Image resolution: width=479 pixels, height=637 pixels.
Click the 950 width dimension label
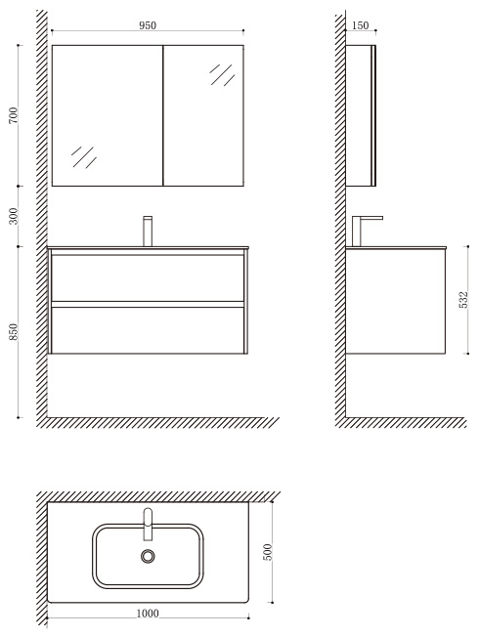coord(148,25)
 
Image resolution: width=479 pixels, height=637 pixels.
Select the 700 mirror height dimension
coord(14,115)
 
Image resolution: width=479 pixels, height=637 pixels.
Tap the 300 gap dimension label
coord(14,216)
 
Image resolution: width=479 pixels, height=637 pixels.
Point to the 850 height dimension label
coord(14,331)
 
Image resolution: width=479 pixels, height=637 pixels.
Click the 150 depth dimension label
coord(360,25)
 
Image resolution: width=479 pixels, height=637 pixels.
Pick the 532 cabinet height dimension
coord(463,299)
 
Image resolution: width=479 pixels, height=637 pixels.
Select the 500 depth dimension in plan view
coord(267,552)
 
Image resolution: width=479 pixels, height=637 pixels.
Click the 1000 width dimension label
coord(148,613)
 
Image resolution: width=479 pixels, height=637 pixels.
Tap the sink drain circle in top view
coord(148,556)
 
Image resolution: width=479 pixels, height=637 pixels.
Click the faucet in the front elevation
coord(148,231)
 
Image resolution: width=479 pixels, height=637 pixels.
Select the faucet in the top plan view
coord(148,524)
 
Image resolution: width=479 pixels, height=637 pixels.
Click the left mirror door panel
coord(108,115)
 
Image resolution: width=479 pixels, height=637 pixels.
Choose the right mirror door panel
coord(203,115)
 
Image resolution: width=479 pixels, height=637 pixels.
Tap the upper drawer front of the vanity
coord(148,277)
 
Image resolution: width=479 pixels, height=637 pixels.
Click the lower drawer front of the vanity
coord(148,330)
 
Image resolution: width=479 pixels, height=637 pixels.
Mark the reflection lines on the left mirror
coord(84,157)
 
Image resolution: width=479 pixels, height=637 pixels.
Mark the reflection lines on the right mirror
coord(223,75)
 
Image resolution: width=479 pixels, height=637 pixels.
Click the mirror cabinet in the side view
coord(361,115)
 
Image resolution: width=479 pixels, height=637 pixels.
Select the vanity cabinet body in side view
coord(395,301)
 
